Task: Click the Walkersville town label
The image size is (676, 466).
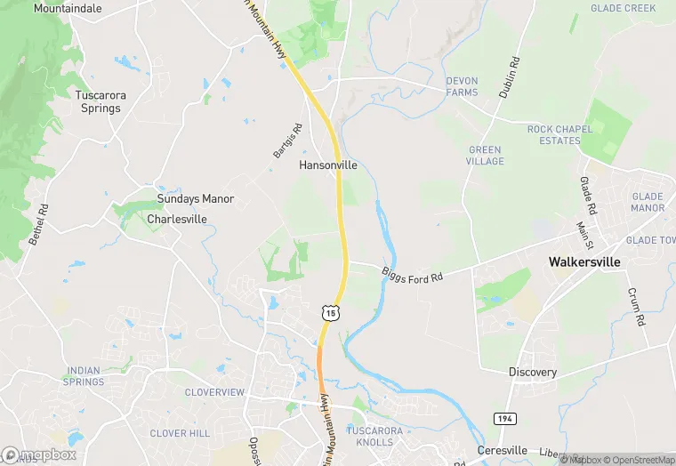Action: (584, 262)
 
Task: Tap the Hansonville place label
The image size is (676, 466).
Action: (328, 165)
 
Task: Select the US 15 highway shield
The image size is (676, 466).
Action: (330, 312)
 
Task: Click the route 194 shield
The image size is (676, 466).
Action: (503, 418)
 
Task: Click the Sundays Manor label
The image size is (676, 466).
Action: (195, 198)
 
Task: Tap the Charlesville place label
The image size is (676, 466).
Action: (177, 219)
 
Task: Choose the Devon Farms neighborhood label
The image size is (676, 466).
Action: (462, 86)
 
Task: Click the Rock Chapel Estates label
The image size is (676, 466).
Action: (559, 134)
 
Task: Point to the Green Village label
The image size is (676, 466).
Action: (485, 156)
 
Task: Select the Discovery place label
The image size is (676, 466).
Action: (533, 372)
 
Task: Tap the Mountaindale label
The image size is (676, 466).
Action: (68, 8)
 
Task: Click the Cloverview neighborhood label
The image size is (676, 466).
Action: (213, 392)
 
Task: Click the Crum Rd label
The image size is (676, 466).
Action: (635, 306)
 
